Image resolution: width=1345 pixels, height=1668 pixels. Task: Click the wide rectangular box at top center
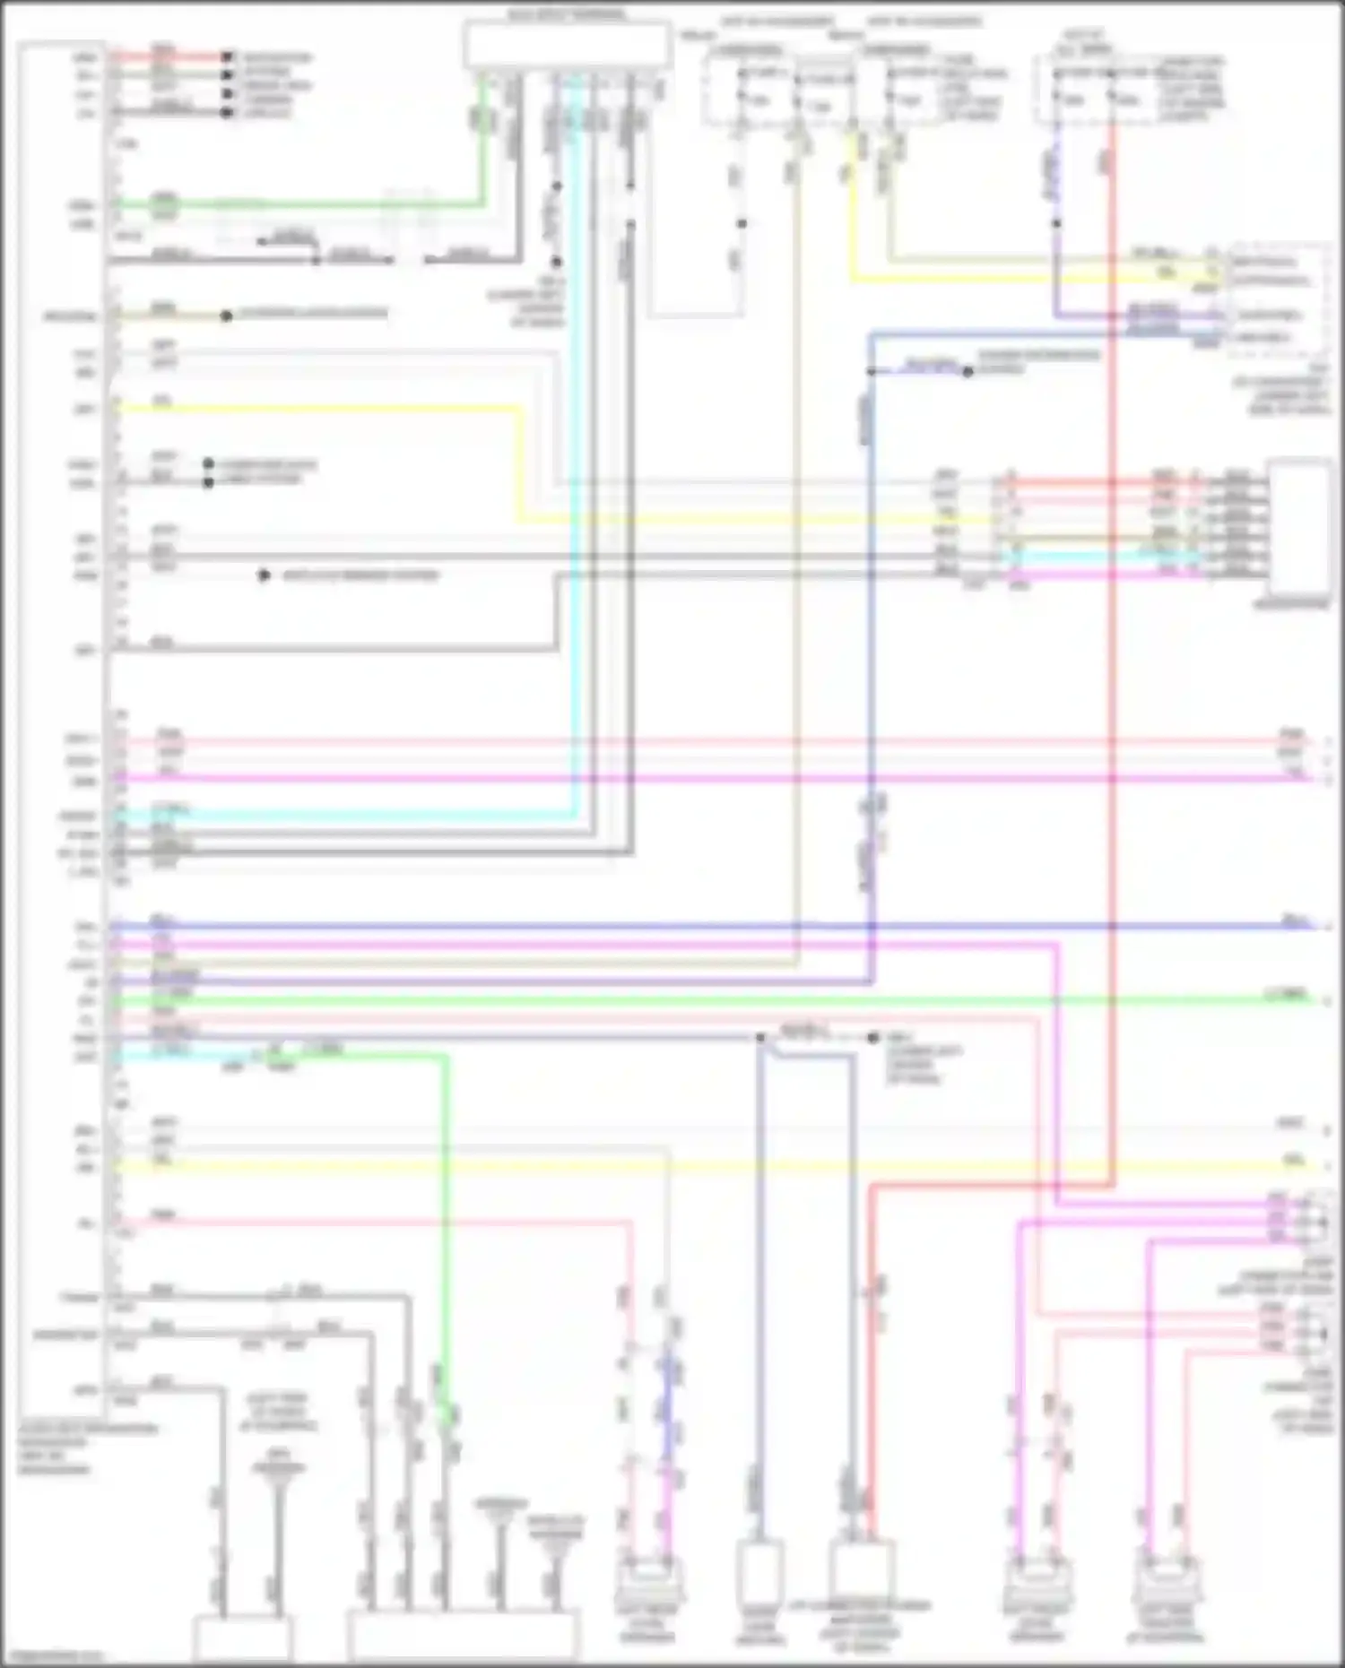point(567,45)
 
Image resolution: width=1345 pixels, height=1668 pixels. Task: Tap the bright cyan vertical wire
point(575,448)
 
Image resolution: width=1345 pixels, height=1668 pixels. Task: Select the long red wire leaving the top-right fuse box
point(1112,627)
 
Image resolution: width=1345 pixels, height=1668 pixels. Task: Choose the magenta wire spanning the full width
point(717,778)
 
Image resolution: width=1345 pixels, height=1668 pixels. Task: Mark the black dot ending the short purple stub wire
point(968,371)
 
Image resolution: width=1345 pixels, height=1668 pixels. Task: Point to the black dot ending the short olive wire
point(226,315)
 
